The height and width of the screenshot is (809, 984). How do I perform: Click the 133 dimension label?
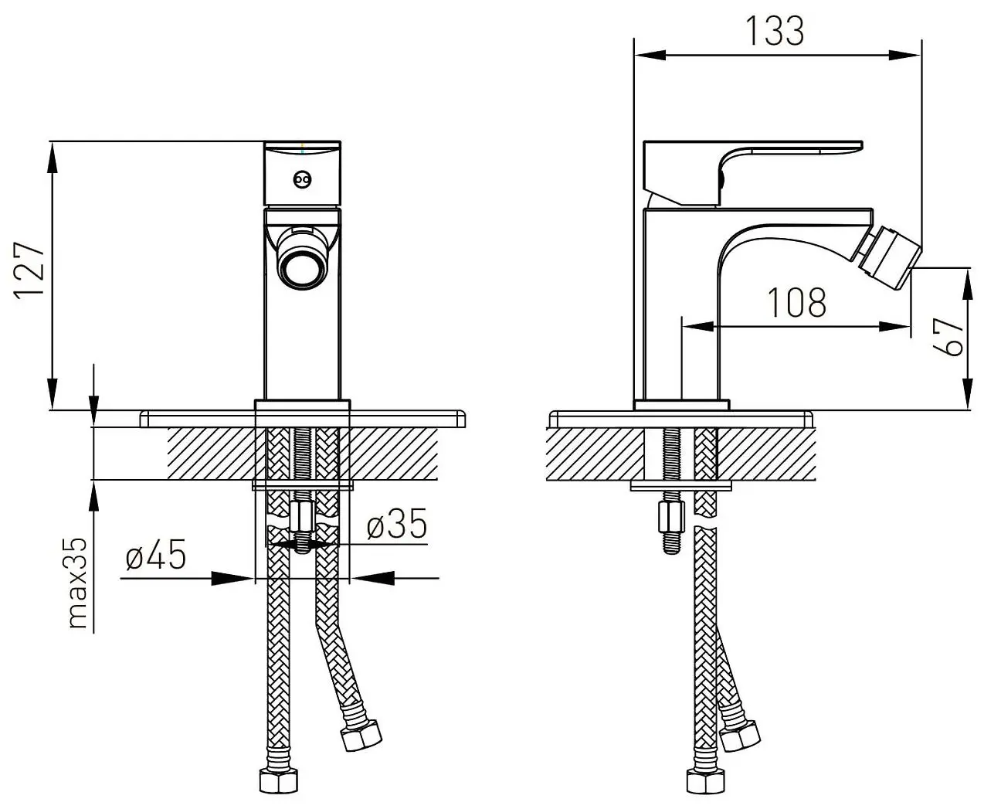point(775,31)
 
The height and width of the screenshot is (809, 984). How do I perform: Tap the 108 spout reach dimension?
point(796,302)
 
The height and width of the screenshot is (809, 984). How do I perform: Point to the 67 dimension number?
point(948,337)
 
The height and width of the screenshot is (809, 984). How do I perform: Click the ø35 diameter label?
point(397,524)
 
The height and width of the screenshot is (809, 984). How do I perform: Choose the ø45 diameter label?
point(156,554)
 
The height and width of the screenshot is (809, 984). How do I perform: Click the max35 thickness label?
point(77,583)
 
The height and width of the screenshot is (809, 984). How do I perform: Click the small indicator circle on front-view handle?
point(302,178)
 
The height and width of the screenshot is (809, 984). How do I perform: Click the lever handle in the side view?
point(752,173)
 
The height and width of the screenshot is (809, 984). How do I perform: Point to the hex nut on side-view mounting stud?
point(671,517)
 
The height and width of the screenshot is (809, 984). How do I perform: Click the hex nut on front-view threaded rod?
point(302,516)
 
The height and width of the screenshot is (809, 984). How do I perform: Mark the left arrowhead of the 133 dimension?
point(650,55)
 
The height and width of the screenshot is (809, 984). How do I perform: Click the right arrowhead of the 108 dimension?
point(894,326)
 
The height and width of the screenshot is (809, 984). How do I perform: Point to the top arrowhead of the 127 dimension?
point(53,158)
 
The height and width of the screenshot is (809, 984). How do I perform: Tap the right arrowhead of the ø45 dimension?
point(373,578)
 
